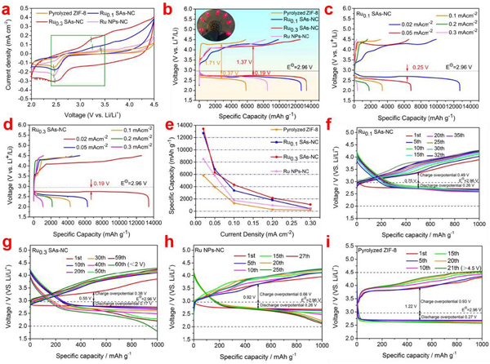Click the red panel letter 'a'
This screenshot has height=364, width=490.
click(x=6, y=7)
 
